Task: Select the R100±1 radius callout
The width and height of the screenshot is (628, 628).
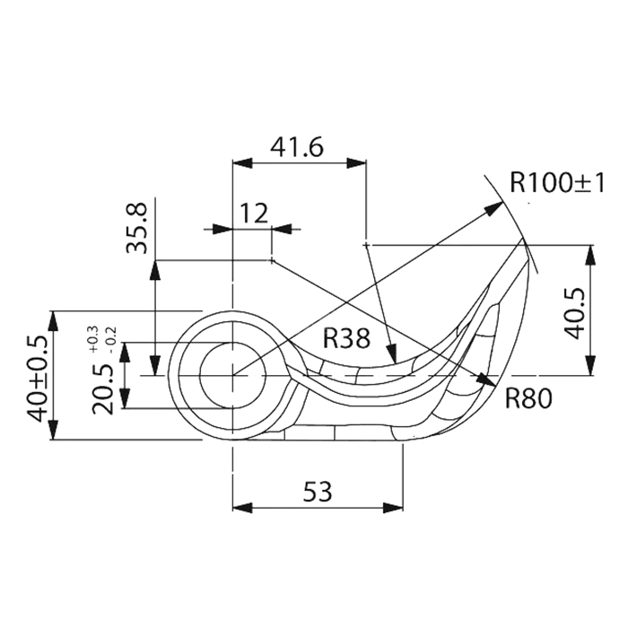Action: click(557, 184)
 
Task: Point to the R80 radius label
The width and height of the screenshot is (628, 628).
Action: click(526, 397)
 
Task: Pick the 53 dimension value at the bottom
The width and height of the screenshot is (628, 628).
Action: click(317, 491)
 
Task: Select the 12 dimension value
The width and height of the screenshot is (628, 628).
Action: click(255, 214)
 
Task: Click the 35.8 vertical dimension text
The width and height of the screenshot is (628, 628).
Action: click(139, 228)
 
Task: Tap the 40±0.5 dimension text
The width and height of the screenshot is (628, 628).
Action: click(38, 377)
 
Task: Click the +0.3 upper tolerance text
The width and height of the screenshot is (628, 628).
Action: click(92, 336)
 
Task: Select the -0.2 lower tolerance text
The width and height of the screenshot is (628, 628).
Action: click(110, 336)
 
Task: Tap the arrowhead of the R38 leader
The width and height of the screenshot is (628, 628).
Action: click(389, 358)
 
